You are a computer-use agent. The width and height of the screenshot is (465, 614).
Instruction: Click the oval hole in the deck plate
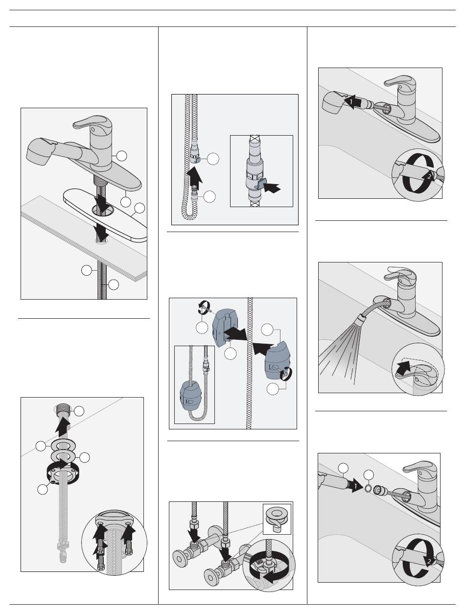pos(102,211)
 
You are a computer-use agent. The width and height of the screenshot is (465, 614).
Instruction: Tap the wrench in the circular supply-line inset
pos(264,572)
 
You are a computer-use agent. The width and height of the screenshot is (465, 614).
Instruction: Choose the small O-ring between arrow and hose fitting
pos(368,487)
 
